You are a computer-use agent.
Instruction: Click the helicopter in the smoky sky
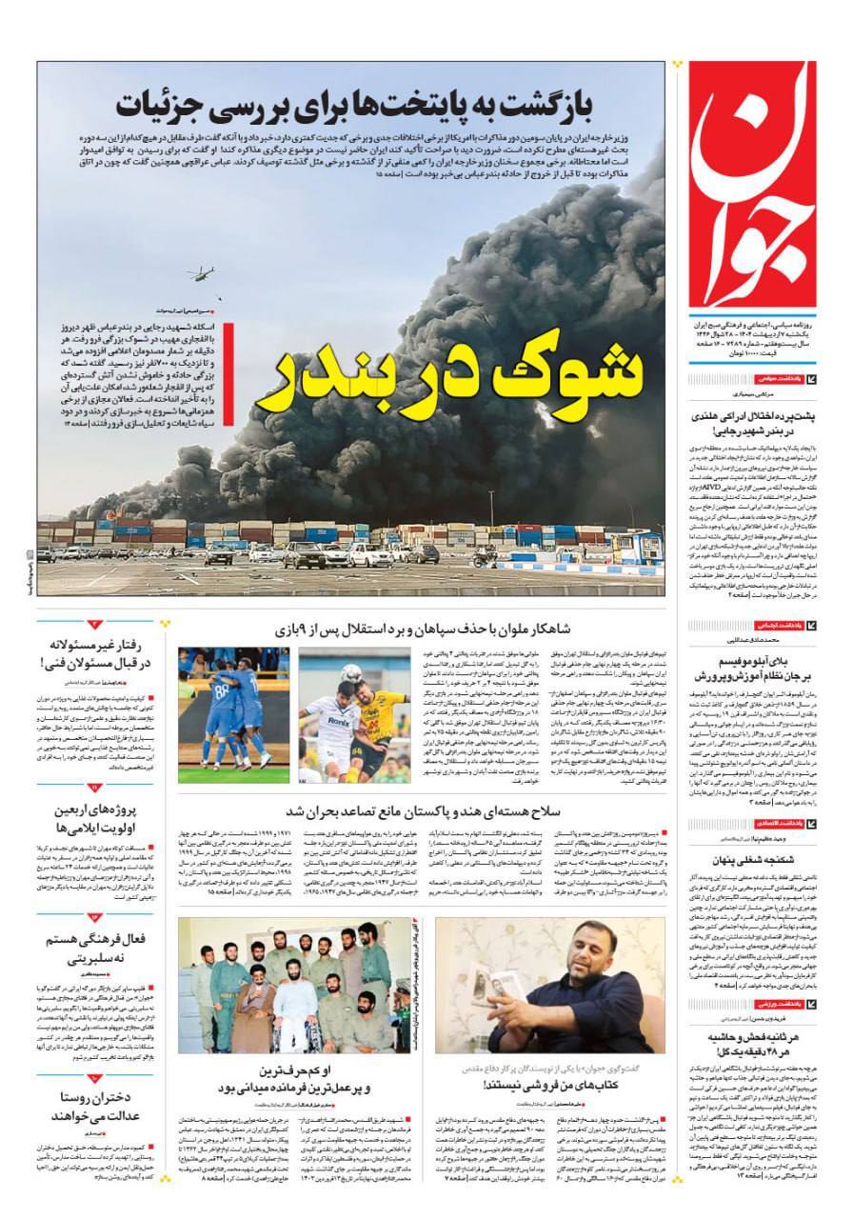click(203, 275)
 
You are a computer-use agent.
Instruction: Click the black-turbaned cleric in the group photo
click(254, 1001)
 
